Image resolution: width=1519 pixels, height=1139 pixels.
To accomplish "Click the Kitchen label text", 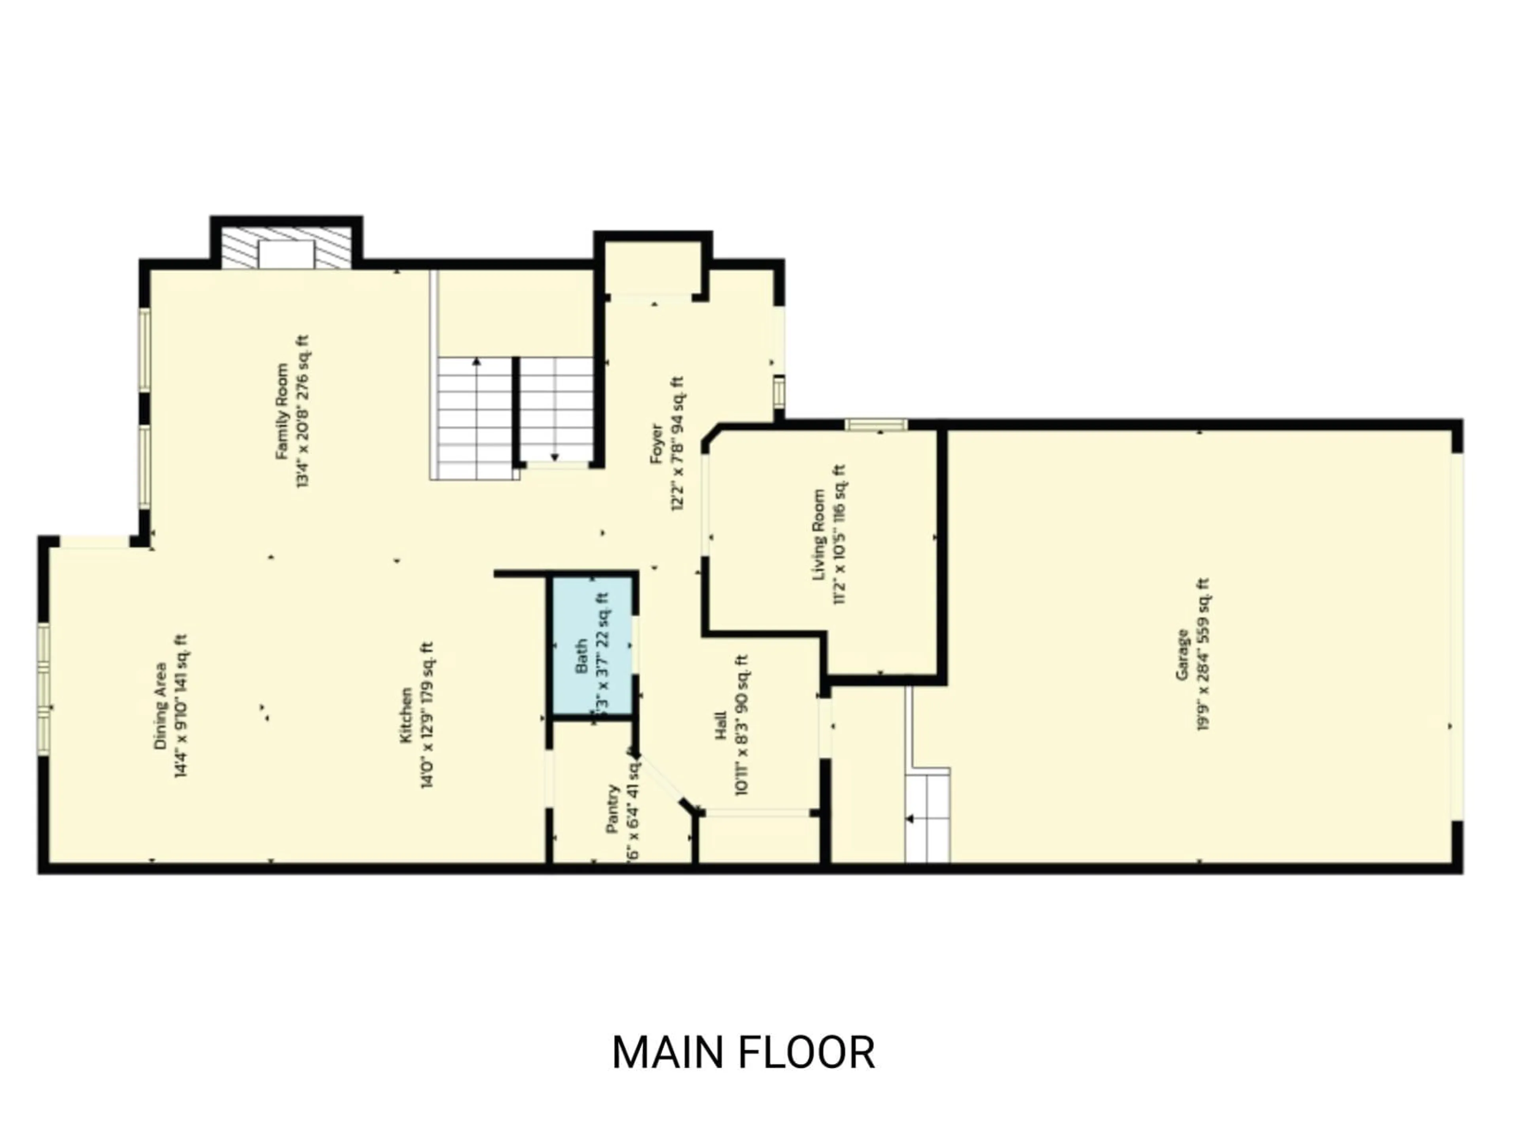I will pyautogui.click(x=406, y=715).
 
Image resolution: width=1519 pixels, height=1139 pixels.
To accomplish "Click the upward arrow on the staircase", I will pyautogui.click(x=477, y=362).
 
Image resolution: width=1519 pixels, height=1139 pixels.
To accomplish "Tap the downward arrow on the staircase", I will pyautogui.click(x=555, y=456).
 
